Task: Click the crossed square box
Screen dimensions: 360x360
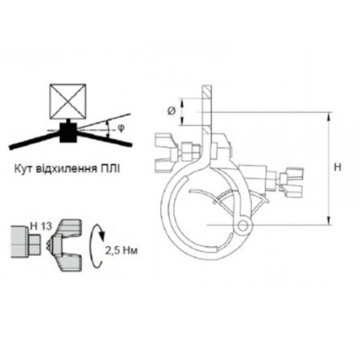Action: (x=67, y=102)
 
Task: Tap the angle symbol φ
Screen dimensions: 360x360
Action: (x=121, y=128)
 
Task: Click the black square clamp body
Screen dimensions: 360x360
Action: (x=68, y=132)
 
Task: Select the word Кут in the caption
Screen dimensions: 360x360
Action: (x=23, y=169)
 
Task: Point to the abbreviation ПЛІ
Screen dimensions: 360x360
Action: (x=110, y=169)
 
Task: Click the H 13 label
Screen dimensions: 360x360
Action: (x=41, y=226)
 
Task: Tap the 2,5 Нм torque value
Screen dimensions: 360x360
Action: (x=121, y=250)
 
